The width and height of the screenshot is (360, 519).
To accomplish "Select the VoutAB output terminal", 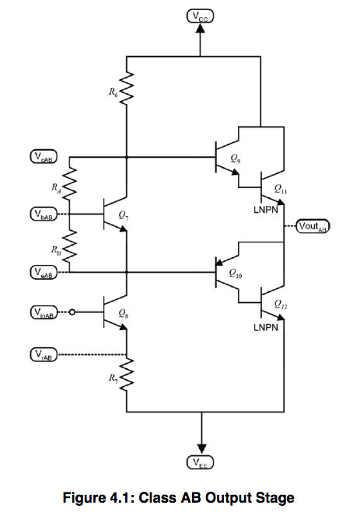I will (314, 227).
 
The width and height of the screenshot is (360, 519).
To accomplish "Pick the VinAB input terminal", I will (44, 313).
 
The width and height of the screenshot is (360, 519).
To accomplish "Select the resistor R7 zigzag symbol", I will (127, 379).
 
